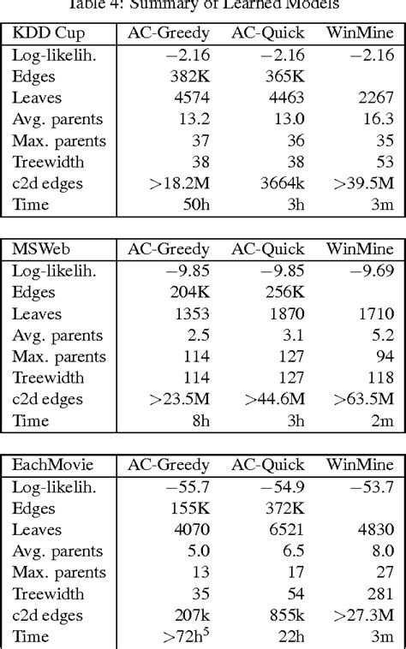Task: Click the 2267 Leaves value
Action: click(377, 98)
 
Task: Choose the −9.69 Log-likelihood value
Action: click(372, 271)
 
